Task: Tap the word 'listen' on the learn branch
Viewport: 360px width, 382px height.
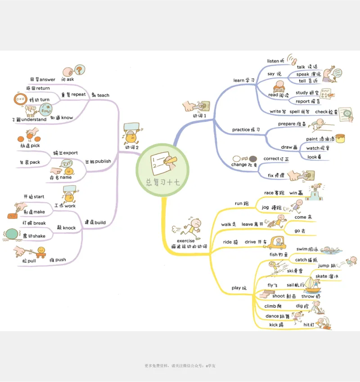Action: pos(273,61)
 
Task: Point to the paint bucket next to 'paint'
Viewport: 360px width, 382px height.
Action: pos(340,138)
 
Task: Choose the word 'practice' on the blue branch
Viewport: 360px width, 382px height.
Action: pos(241,130)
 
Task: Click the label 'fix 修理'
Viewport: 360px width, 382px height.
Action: pos(276,175)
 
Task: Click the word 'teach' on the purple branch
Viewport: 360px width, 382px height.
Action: pos(103,95)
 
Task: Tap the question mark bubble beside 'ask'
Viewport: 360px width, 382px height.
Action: pos(79,70)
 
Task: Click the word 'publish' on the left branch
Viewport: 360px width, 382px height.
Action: pos(103,162)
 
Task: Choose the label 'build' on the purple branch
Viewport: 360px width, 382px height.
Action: pos(100,222)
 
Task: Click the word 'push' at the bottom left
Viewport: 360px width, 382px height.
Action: pos(61,260)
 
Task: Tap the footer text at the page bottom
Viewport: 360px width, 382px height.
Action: pos(180,366)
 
